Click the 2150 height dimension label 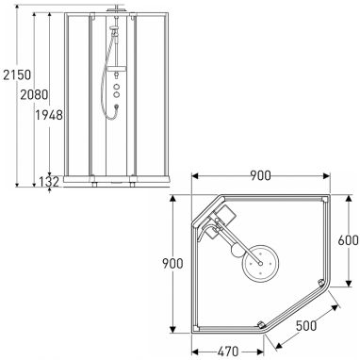17,75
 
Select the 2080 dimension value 34,94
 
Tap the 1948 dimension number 49,116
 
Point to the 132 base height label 49,182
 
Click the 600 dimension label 348,240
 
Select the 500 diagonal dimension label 306,326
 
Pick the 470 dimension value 228,352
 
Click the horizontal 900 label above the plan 261,175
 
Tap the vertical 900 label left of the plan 172,264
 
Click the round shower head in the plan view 260,264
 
